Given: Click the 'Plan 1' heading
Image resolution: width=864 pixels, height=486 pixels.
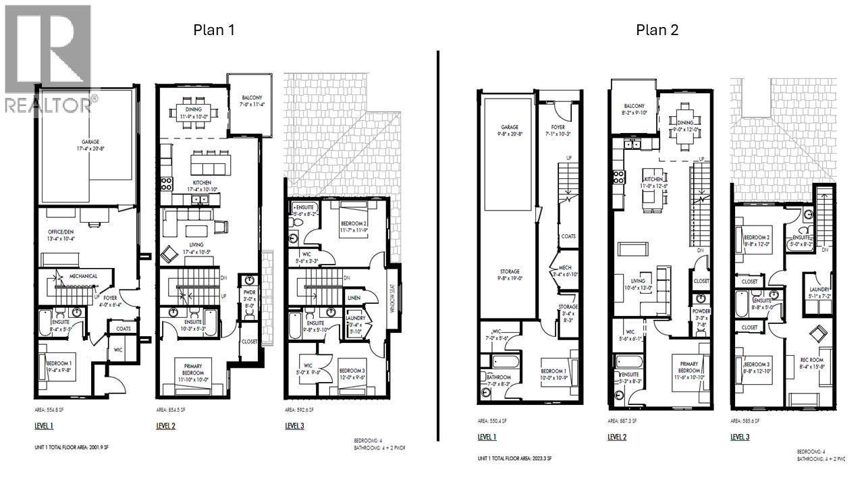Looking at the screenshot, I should [214, 30].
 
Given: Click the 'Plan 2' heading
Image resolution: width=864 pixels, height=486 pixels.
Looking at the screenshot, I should [656, 30].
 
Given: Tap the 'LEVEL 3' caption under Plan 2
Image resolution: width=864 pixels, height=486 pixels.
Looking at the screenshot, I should [740, 437].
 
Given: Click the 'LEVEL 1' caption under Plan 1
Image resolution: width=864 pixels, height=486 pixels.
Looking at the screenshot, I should [43, 425].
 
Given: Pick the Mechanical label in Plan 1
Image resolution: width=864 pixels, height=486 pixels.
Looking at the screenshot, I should [83, 276].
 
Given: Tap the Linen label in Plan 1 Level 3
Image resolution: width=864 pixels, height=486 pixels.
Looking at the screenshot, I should [354, 298].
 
